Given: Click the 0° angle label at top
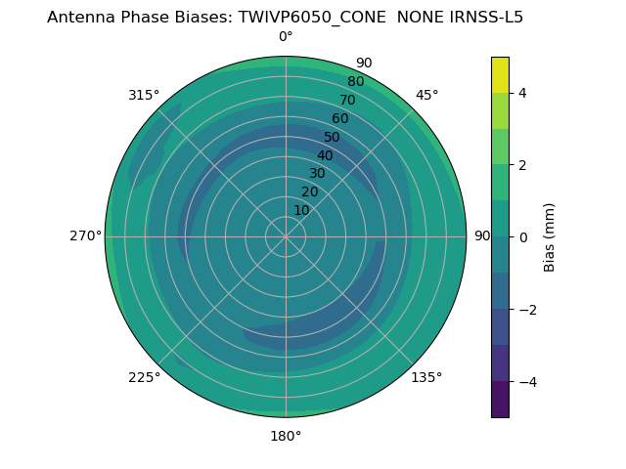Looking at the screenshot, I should click(286, 37).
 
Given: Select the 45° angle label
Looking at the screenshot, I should click(426, 95).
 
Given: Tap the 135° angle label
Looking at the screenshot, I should click(426, 378).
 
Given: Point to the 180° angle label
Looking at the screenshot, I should click(286, 436).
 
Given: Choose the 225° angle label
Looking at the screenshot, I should click(144, 378).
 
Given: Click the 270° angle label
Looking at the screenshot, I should click(85, 236).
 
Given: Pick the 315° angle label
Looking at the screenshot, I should click(144, 95).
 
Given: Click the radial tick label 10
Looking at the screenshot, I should click(301, 210).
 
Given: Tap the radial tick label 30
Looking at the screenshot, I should click(317, 174).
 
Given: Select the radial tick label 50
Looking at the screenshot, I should click(332, 137).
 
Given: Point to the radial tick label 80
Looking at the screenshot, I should click(355, 82).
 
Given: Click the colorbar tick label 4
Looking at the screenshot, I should click(523, 93).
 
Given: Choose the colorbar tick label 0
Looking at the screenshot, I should click(523, 237).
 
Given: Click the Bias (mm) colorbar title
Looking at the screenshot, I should click(550, 237).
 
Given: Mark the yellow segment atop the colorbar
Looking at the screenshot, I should click(500, 74).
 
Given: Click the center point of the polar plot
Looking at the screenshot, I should click(286, 236).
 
